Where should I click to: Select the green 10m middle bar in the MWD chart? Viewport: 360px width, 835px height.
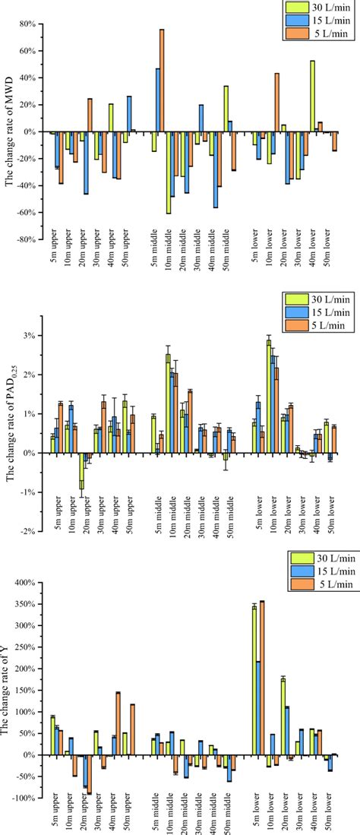168,172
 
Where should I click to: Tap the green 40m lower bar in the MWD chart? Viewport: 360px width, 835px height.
312,96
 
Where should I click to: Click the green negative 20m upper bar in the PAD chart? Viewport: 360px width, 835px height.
82,470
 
